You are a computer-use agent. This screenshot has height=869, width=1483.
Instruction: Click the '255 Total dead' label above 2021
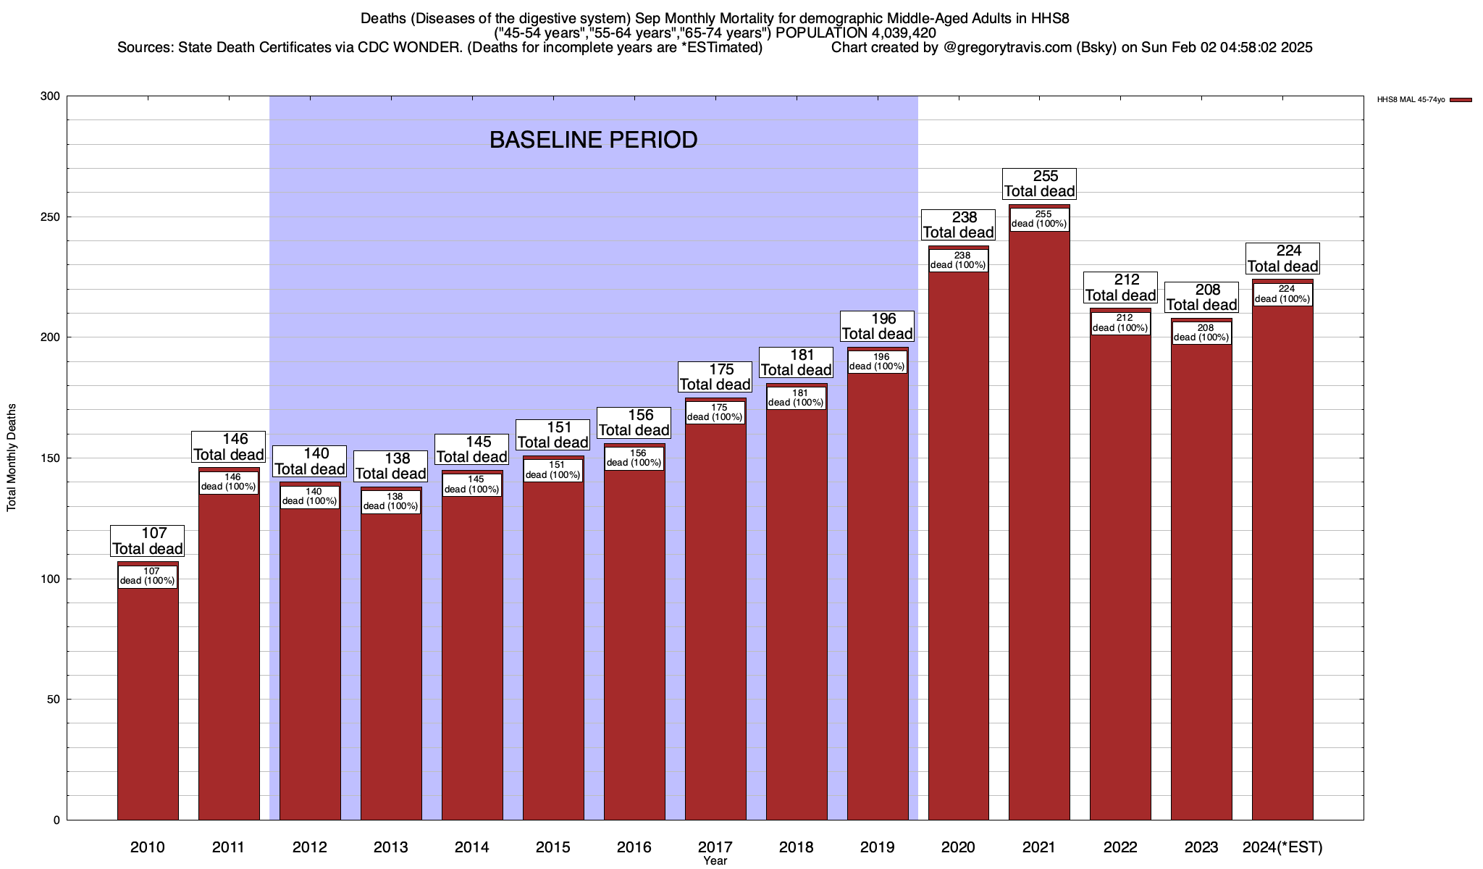[1039, 184]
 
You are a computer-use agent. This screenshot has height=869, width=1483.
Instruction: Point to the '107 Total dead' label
[148, 542]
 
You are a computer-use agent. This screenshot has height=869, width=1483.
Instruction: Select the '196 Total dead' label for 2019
[877, 327]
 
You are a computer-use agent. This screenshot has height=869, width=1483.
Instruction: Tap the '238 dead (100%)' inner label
[958, 260]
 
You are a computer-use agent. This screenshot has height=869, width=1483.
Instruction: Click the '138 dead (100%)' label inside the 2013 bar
[391, 501]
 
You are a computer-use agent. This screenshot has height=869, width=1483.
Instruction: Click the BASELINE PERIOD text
[593, 140]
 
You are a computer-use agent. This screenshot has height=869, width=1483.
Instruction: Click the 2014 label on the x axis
[472, 847]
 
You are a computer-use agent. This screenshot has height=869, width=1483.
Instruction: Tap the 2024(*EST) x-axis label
[1282, 847]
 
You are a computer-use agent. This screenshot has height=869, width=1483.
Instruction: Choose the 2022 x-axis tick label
[1120, 847]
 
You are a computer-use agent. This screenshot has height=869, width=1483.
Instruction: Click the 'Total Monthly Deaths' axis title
[12, 458]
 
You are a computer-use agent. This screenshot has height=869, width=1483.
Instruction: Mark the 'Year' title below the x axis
[715, 861]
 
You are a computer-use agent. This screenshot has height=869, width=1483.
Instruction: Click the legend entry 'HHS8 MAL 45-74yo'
[1411, 100]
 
